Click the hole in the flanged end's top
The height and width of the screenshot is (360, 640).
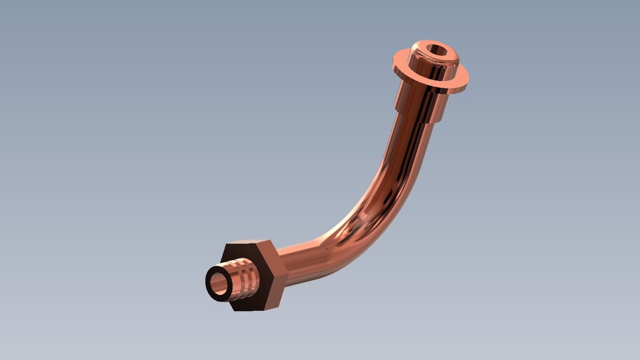[x=436, y=50]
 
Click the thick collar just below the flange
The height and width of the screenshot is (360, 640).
[x=420, y=100]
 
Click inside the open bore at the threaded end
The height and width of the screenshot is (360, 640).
[x=219, y=284]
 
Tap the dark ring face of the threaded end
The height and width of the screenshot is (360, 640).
[x=210, y=290]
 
